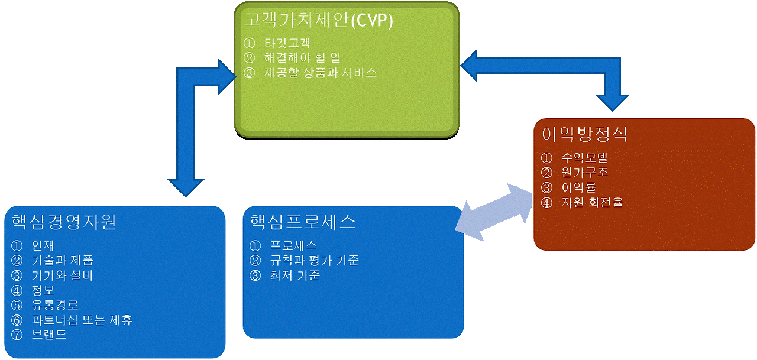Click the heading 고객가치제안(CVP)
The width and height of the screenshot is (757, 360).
(318, 21)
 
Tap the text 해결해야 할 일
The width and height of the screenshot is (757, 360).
(302, 58)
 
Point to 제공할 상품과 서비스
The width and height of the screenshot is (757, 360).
(320, 73)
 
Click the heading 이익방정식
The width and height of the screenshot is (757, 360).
(584, 134)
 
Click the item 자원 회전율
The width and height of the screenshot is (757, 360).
(592, 202)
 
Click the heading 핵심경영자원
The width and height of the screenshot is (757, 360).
(63, 222)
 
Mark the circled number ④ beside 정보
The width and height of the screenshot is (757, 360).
(16, 290)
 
